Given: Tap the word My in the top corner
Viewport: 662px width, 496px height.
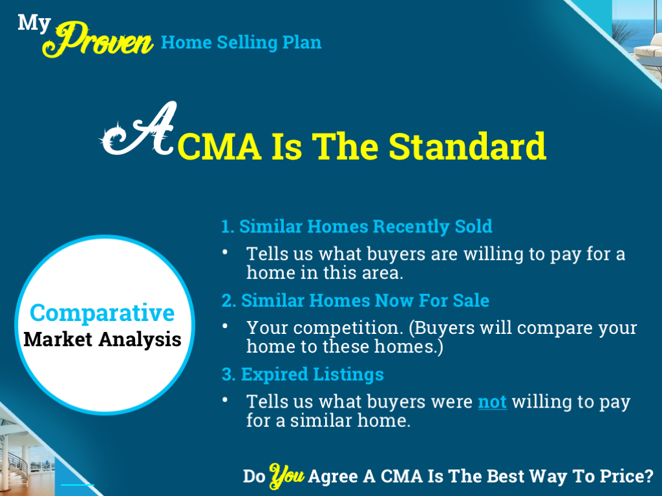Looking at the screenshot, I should pos(34,23).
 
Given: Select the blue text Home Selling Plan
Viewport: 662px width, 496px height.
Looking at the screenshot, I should pos(241,43).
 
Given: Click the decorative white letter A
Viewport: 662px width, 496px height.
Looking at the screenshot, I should pos(138,132).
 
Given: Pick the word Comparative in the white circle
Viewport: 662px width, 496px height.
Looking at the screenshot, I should pos(102,313).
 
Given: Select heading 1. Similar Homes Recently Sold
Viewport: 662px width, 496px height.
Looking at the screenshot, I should pos(356,227).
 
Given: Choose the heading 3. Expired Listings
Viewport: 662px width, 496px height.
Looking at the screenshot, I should pos(302,375).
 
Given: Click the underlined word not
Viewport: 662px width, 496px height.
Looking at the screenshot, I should pos(492,402).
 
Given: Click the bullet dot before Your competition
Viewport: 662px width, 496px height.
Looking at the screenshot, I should pos(225,327).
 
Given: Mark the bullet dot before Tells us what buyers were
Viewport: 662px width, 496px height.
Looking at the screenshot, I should pos(225,400).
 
